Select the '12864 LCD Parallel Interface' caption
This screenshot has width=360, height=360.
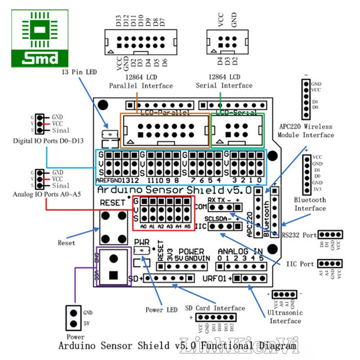[141, 81]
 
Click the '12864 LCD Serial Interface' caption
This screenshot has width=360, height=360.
[224, 81]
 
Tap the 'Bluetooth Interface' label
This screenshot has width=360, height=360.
[310, 204]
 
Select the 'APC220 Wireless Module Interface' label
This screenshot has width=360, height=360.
[306, 131]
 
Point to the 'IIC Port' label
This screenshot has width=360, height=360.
[300, 264]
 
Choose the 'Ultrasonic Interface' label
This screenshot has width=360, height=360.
[285, 317]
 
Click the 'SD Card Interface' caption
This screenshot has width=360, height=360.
[215, 308]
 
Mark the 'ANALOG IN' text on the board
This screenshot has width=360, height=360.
[240, 251]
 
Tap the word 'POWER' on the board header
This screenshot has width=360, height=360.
[191, 252]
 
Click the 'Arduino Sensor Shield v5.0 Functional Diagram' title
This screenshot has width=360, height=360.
[178, 346]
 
